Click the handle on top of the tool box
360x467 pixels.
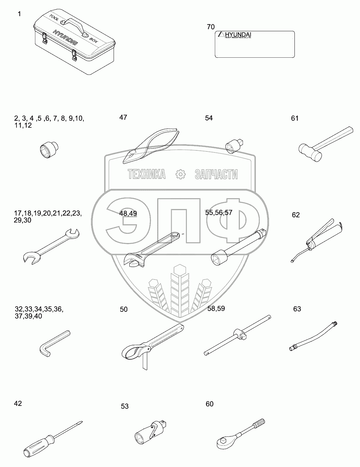click(73, 23)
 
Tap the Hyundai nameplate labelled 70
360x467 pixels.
click(254, 44)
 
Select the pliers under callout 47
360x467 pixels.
click(151, 146)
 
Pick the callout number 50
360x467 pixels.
click(124, 309)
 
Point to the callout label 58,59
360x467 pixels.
click(216, 308)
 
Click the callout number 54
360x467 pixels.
click(209, 118)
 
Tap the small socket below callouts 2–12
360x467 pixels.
click(48, 149)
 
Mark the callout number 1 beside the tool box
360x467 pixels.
click(19, 14)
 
